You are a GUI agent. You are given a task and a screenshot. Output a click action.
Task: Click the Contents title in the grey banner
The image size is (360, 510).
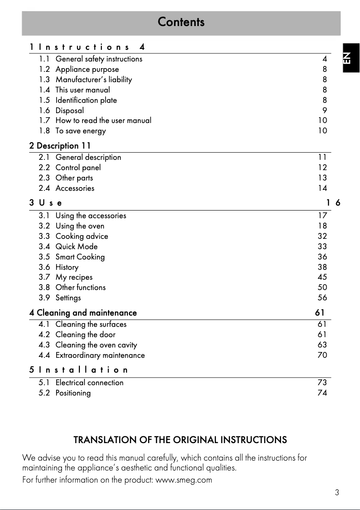pyautogui.click(x=181, y=22)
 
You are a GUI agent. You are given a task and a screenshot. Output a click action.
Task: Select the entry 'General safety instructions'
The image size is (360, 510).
pyautogui.click(x=99, y=59)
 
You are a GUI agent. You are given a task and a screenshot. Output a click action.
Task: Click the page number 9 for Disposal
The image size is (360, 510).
pyautogui.click(x=325, y=110)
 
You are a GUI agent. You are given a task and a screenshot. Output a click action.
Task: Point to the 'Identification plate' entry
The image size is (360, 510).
pyautogui.click(x=86, y=100)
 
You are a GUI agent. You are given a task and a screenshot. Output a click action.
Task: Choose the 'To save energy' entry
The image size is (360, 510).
pyautogui.click(x=80, y=131)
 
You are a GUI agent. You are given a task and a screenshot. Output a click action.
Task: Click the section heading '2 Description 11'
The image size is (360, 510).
pyautogui.click(x=60, y=146)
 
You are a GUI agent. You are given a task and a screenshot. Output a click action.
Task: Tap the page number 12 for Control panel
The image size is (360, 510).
pyautogui.click(x=322, y=167)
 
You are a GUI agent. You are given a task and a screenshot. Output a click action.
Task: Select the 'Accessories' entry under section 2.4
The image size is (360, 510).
pyautogui.click(x=75, y=188)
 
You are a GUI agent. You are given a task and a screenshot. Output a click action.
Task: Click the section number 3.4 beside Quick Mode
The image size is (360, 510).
pyautogui.click(x=44, y=246)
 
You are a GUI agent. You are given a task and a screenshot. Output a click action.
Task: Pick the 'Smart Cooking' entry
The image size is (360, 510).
pyautogui.click(x=80, y=257)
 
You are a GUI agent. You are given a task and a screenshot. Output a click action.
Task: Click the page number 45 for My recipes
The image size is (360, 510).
pyautogui.click(x=322, y=277)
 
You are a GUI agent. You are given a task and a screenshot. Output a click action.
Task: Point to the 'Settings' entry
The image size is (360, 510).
pyautogui.click(x=68, y=298)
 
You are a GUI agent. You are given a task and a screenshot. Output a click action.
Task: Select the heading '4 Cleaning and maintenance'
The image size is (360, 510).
pyautogui.click(x=83, y=312)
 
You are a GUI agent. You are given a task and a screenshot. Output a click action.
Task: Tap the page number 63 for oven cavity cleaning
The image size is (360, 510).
pyautogui.click(x=322, y=345)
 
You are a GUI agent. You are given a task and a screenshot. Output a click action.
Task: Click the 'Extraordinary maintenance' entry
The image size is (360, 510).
pyautogui.click(x=100, y=355)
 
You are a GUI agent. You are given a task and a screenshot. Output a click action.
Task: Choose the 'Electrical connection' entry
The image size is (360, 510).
pyautogui.click(x=89, y=382)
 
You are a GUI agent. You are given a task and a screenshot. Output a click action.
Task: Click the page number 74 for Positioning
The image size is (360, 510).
pyautogui.click(x=322, y=393)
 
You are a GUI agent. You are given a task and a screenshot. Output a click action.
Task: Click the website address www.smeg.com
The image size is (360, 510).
pyautogui.click(x=183, y=480)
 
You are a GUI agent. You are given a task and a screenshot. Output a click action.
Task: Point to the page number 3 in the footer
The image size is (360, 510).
pyautogui.click(x=337, y=492)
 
